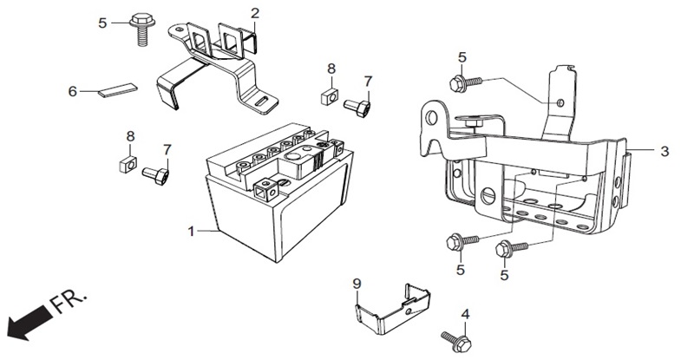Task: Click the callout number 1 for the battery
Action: (x=191, y=231)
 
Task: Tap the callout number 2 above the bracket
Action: (x=255, y=13)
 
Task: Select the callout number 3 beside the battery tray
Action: (x=665, y=151)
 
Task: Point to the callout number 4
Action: (x=465, y=314)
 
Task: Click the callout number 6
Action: (x=73, y=91)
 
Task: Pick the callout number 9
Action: (x=357, y=283)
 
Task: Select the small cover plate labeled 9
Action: (x=392, y=309)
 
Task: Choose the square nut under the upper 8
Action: (x=330, y=96)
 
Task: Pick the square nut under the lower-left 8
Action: (x=128, y=163)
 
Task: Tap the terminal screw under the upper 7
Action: (x=357, y=107)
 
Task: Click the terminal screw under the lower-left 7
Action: (x=155, y=176)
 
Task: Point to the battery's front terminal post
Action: (x=265, y=189)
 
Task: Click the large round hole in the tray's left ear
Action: (x=431, y=118)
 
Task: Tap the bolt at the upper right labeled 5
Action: (x=466, y=82)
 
